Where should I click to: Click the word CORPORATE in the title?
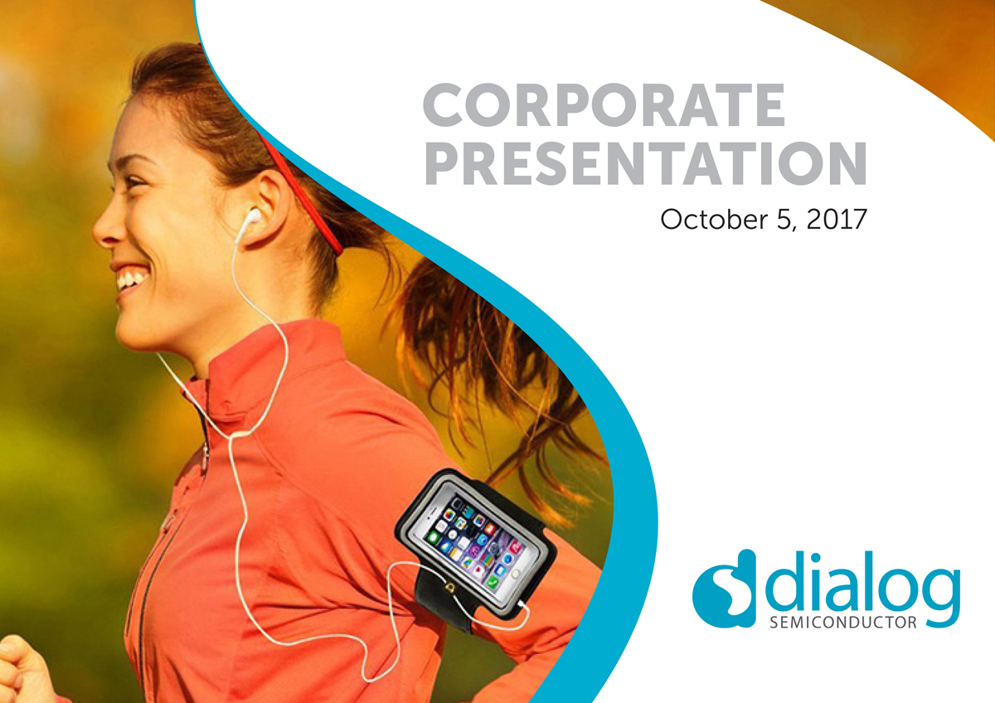point(604,107)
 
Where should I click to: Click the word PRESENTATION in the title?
point(644,163)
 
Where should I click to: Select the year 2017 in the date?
point(832,220)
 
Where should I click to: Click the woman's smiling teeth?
point(130,279)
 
